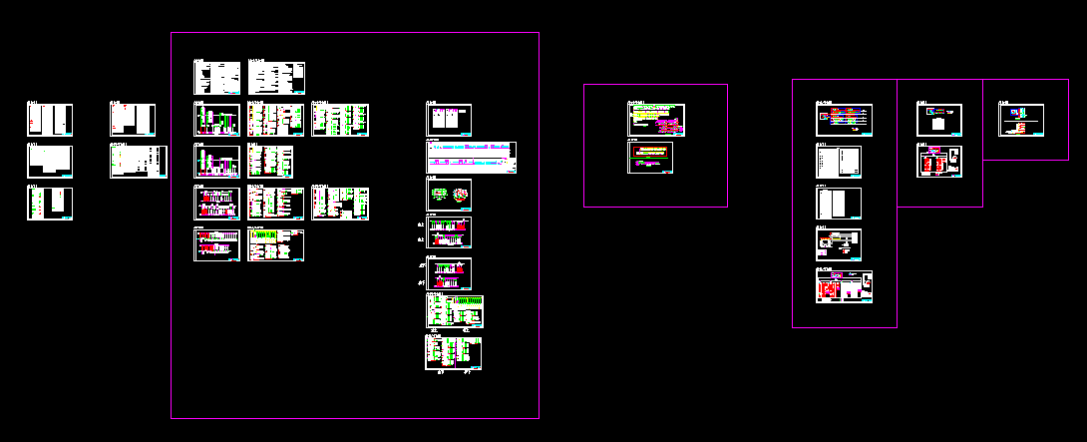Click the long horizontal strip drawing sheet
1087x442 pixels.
click(x=471, y=157)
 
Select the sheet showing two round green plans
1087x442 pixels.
click(x=449, y=195)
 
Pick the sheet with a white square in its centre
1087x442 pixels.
click(x=939, y=120)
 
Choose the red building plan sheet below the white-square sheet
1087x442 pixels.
click(x=939, y=162)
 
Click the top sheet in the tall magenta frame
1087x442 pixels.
click(x=844, y=120)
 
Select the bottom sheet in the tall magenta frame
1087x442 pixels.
click(x=844, y=286)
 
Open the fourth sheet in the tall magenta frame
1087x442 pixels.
click(x=839, y=244)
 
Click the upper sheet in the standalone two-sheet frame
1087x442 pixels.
click(x=656, y=120)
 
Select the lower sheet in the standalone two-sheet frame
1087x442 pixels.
click(x=656, y=158)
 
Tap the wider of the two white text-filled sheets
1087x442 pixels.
click(x=276, y=78)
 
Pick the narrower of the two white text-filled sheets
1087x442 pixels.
click(x=216, y=78)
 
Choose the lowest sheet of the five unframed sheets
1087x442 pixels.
click(x=49, y=204)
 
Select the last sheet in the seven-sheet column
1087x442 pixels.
click(x=454, y=352)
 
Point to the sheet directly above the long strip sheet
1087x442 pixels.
click(x=449, y=117)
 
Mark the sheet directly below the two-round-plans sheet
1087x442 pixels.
click(x=449, y=232)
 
